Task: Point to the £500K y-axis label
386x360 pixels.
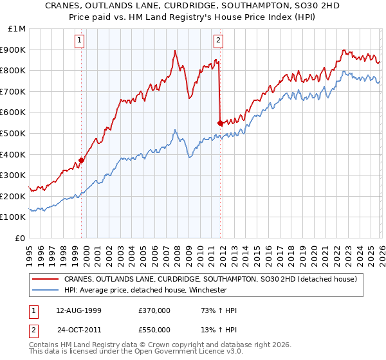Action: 14,133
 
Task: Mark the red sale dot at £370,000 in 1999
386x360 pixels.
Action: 82,161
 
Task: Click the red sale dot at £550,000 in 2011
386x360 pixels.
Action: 220,123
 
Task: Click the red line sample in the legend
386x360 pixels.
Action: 46,279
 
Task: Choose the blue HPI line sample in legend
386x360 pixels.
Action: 46,290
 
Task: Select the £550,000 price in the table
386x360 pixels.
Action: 154,331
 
